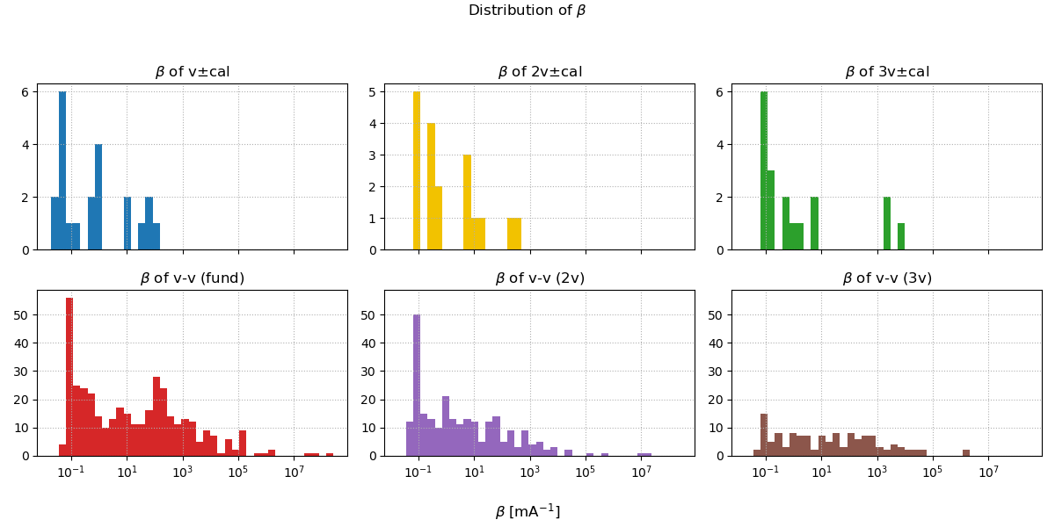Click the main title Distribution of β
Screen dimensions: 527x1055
pos(527,11)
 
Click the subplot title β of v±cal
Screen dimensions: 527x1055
pos(192,72)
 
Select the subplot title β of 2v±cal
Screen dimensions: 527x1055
pos(539,72)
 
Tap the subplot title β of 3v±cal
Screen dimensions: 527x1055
pos(886,72)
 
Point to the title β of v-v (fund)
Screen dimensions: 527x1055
pos(192,278)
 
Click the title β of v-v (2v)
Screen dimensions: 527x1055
pos(539,278)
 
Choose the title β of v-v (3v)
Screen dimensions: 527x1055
pos(886,278)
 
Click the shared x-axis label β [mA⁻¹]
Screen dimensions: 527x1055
pos(527,511)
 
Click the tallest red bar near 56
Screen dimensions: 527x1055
pos(69,378)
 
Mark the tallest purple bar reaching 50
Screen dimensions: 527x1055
pos(417,386)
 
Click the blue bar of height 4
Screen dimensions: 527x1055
pos(98,198)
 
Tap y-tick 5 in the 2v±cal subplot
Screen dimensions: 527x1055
pos(373,92)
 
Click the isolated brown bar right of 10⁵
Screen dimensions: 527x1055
pos(966,452)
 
